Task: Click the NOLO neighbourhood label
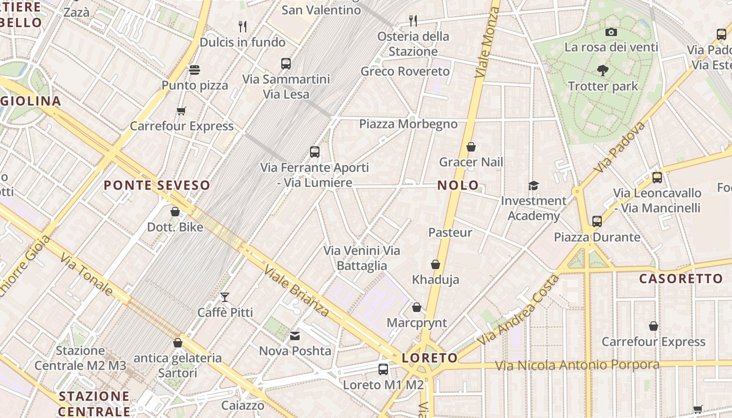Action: click(458, 185)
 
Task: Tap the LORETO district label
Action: click(430, 358)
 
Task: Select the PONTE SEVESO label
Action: click(156, 185)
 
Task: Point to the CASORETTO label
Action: click(681, 278)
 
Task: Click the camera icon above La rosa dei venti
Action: click(611, 32)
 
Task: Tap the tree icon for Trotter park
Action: click(603, 71)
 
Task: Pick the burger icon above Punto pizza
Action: click(195, 70)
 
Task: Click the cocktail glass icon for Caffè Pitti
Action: click(225, 297)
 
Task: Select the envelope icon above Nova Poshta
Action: click(295, 335)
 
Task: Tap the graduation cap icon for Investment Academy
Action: click(533, 185)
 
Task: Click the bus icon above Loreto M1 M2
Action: click(383, 369)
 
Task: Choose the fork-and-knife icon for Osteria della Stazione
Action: click(413, 21)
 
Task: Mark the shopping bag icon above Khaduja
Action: click(436, 264)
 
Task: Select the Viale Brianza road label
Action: click(296, 291)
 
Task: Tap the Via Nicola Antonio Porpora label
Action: click(577, 365)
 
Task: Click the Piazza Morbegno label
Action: click(408, 124)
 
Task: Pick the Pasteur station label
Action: click(450, 233)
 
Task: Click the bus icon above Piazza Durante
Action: click(597, 222)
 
